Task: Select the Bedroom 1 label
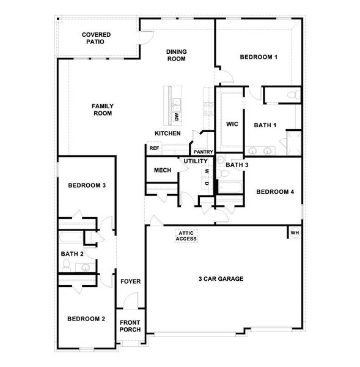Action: tap(259, 57)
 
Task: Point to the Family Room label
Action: tap(103, 109)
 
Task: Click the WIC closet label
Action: tap(232, 124)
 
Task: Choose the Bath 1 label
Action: tap(265, 125)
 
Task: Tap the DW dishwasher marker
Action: tap(176, 116)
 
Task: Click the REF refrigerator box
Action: tap(154, 148)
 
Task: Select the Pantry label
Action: tap(202, 152)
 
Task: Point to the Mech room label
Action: tap(162, 170)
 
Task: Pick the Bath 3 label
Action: tap(237, 165)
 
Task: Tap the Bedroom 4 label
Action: tap(275, 191)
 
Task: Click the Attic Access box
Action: tap(186, 235)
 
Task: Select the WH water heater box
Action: tap(295, 233)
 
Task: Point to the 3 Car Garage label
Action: tap(221, 279)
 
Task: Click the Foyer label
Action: tap(130, 281)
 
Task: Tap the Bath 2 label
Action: tap(72, 253)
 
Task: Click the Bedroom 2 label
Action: tap(86, 319)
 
